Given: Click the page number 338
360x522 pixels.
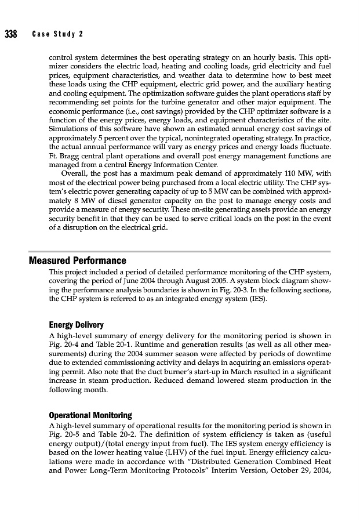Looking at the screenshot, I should tap(10, 34).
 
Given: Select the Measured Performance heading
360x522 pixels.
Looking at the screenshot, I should tap(77, 260).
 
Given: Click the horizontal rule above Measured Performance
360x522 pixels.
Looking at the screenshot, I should tap(180, 252).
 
